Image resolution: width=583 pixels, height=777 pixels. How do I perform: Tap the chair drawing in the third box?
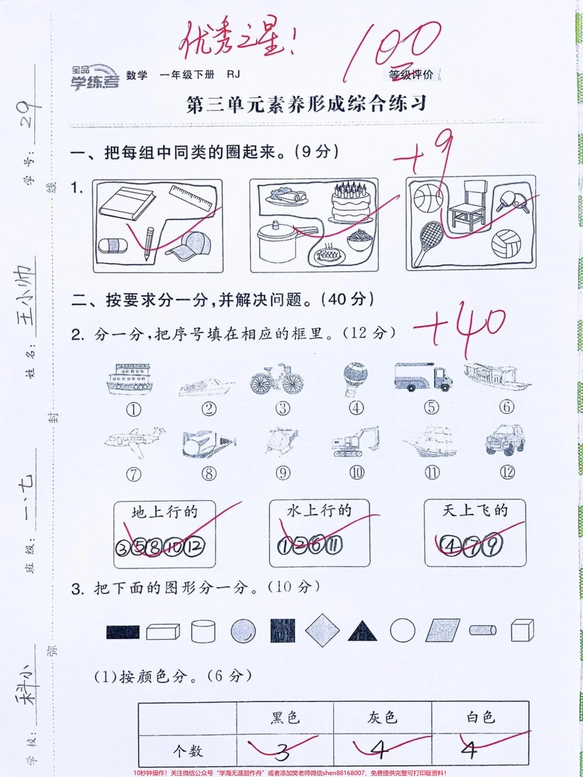tap(468, 207)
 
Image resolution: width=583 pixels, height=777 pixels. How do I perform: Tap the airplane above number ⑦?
tap(134, 440)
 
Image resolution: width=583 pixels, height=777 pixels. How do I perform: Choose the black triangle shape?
tap(363, 630)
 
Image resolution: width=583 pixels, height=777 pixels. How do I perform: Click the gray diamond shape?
tap(322, 630)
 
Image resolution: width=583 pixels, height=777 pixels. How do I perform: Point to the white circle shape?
tap(403, 630)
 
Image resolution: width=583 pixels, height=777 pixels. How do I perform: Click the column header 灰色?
tap(382, 716)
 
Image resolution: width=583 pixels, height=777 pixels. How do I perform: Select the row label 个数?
tap(187, 750)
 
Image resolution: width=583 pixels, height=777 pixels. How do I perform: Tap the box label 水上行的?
tap(319, 510)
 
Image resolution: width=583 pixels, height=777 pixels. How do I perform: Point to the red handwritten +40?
tap(460, 332)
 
